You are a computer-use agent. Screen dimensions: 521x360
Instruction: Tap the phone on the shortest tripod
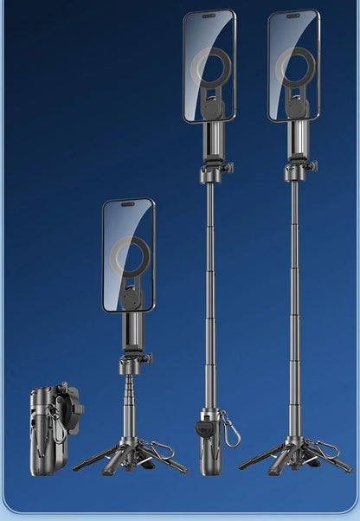[128, 255]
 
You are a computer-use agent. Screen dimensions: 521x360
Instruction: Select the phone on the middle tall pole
[209, 66]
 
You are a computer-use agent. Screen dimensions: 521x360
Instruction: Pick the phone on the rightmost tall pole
[293, 66]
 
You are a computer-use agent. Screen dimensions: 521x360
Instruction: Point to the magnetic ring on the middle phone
[212, 69]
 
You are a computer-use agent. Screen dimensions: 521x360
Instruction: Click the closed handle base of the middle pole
[209, 446]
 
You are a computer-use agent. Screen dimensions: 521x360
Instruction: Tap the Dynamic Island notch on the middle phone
[208, 16]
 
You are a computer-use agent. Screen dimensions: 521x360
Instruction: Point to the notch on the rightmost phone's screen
[292, 16]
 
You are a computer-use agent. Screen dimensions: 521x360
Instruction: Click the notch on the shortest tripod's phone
[128, 205]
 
